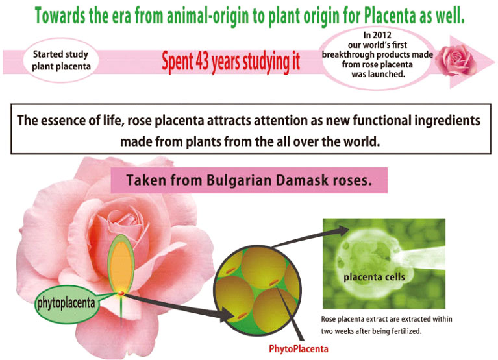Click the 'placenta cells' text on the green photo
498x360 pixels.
pos(375,277)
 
